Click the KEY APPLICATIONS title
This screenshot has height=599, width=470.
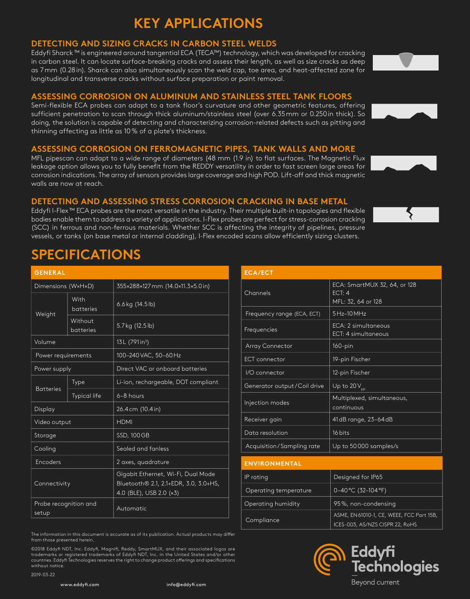(198, 23)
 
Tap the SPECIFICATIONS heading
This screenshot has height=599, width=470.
(86, 255)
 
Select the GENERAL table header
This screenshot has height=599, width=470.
(50, 273)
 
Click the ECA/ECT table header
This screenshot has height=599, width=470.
(259, 273)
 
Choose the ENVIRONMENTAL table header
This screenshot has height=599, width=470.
(273, 464)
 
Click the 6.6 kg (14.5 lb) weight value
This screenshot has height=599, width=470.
(136, 304)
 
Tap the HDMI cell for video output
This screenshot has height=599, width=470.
(124, 422)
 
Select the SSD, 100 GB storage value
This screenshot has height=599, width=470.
(133, 435)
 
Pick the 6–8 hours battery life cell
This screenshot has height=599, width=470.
(130, 396)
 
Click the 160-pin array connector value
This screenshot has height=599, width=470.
(342, 346)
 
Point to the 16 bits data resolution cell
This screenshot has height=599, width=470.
(341, 433)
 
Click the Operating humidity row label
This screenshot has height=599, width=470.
(272, 504)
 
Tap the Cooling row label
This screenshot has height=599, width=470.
(45, 448)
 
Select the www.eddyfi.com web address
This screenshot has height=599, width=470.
(80, 584)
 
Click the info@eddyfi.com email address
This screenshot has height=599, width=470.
(186, 584)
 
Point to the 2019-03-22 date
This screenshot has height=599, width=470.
(43, 574)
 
